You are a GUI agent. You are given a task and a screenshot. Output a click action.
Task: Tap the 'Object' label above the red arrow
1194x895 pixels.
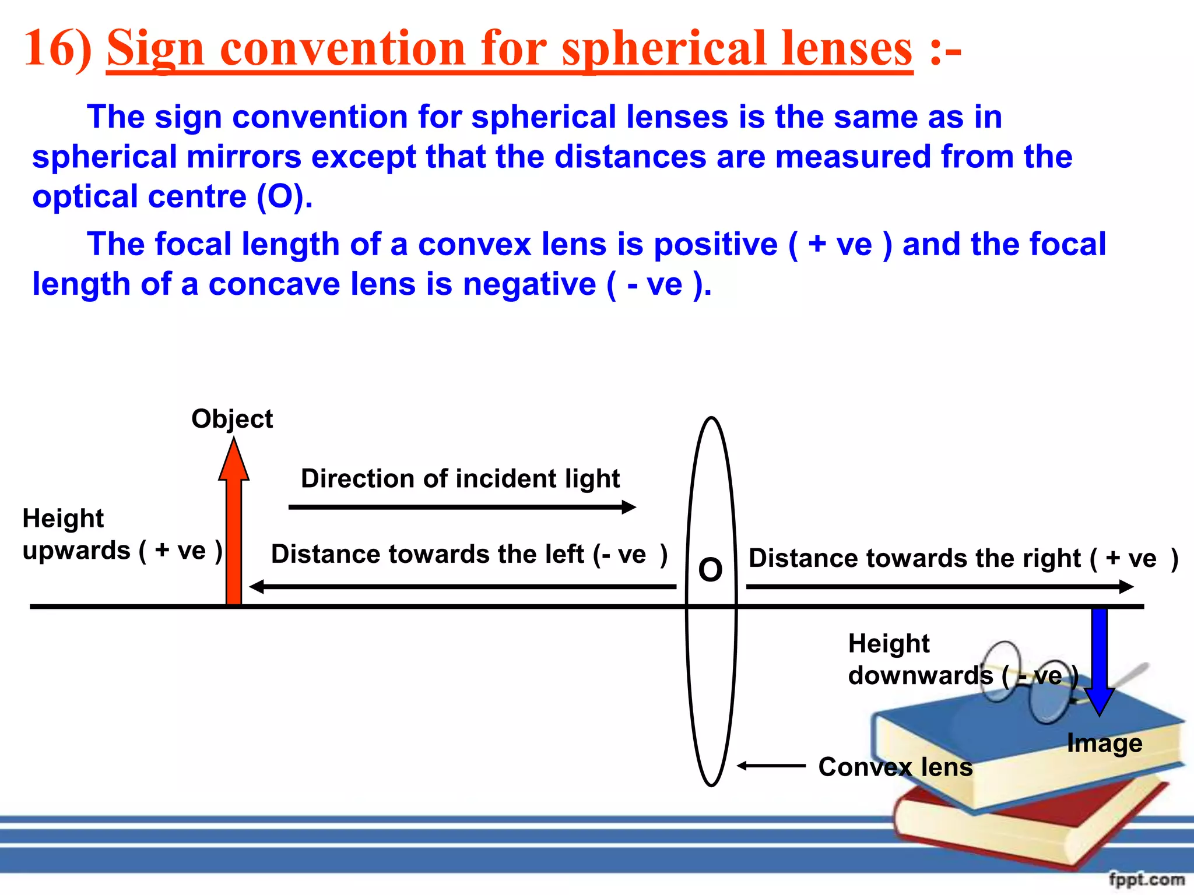click(x=232, y=419)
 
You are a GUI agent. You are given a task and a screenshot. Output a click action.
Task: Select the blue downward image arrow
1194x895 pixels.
click(x=1099, y=658)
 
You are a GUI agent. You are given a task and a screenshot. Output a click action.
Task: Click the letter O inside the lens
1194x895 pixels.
click(x=710, y=569)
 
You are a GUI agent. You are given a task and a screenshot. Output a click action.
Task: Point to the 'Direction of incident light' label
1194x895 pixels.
click(x=460, y=479)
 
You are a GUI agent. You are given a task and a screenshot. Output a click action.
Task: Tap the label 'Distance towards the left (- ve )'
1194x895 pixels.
click(x=469, y=554)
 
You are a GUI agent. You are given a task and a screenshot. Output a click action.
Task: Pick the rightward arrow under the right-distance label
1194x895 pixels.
click(x=939, y=587)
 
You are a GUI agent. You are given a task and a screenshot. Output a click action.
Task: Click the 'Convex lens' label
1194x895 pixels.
click(x=895, y=767)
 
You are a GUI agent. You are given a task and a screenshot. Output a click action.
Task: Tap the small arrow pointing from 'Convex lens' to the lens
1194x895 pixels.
click(x=771, y=766)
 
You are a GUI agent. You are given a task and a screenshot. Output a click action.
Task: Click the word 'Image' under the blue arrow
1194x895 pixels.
click(x=1104, y=743)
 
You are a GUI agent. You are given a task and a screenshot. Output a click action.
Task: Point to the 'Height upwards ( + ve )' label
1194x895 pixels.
click(x=121, y=534)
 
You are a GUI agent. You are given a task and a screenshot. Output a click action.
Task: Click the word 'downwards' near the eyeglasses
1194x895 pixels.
click(x=920, y=676)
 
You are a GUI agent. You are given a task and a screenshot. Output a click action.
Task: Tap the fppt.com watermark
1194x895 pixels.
click(x=1146, y=879)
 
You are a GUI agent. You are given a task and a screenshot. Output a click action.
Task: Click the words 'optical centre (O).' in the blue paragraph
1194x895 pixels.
click(x=173, y=197)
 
